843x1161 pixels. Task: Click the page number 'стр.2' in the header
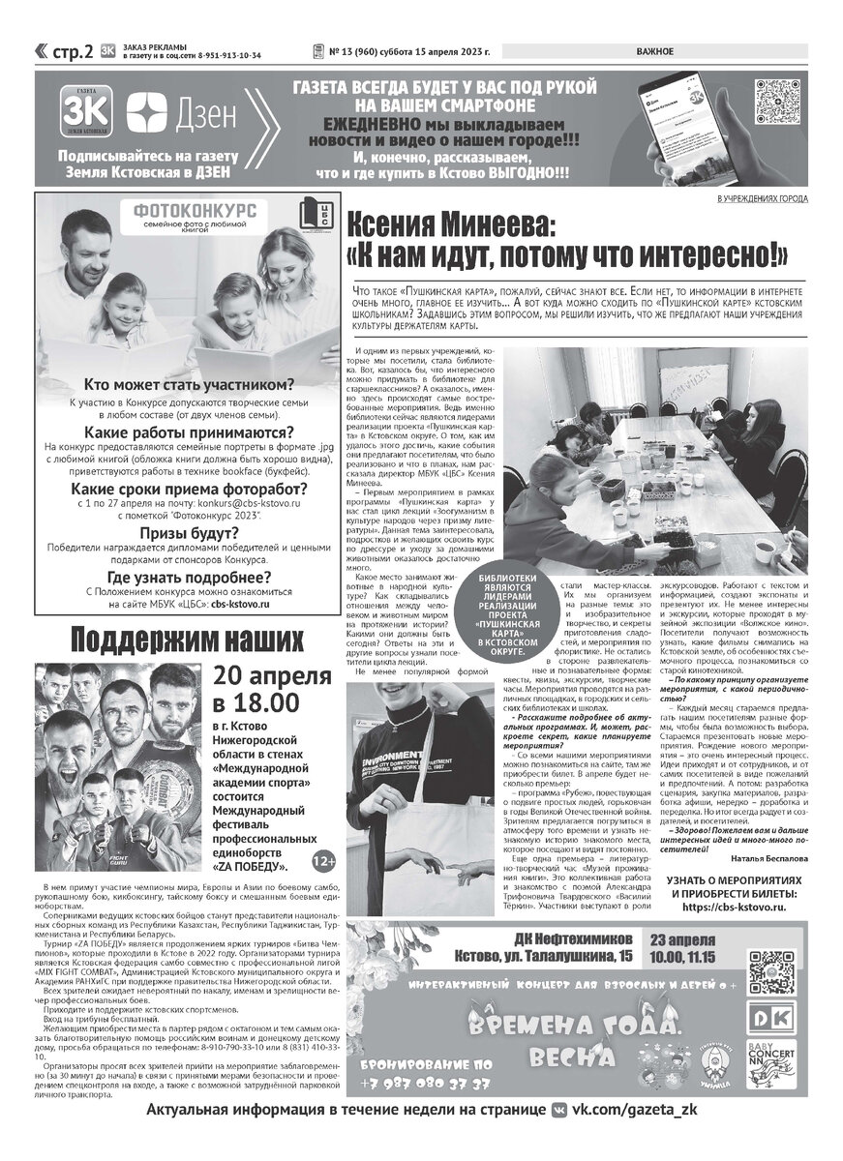(x=73, y=52)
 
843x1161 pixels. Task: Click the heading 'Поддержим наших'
(x=186, y=640)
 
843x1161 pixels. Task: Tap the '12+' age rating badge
(x=324, y=860)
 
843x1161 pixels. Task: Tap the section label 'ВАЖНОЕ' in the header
(x=656, y=52)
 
